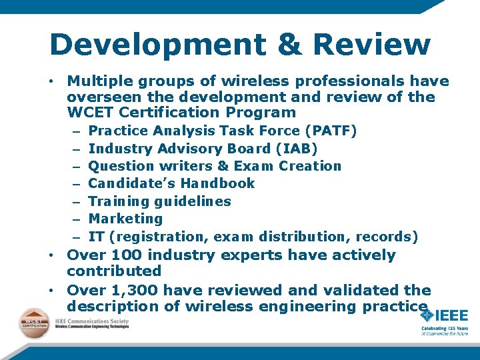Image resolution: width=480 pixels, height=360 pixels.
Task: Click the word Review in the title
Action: [x=371, y=45]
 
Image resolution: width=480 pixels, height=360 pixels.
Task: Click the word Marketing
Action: [x=125, y=218]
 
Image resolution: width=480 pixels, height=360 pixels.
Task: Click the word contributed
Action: [x=114, y=271]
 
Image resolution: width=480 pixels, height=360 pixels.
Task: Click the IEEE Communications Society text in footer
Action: [x=92, y=321]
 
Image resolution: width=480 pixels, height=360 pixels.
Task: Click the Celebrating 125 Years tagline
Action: [x=445, y=329]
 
